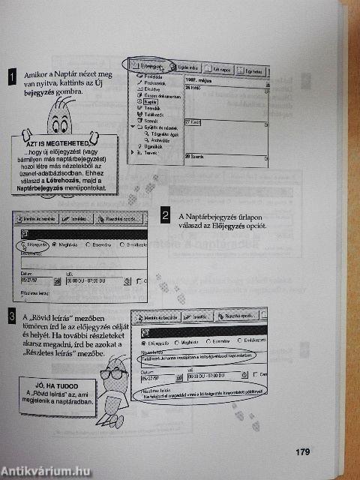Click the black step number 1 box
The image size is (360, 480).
[x=11, y=76]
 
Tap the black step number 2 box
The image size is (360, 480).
[x=165, y=217]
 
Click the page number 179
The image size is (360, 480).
[x=302, y=451]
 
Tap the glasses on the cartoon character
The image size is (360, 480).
[x=116, y=373]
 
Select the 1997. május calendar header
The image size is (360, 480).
[x=199, y=79]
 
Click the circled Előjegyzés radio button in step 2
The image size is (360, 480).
[x=35, y=245]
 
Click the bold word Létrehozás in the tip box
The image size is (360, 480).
[x=83, y=180]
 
